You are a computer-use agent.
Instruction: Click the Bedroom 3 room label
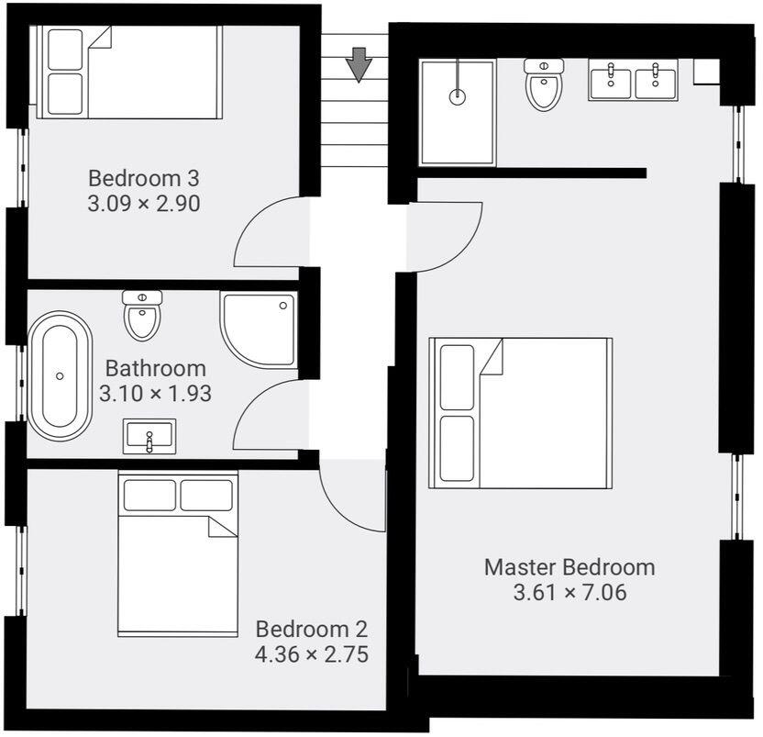pos(143,178)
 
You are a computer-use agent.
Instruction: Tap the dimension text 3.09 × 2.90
pos(143,203)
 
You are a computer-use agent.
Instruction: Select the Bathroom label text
pos(155,369)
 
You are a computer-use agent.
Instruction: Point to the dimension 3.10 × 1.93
pos(155,394)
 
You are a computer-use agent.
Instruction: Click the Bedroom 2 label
pos(311,630)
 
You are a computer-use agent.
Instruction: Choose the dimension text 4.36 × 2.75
pos(311,654)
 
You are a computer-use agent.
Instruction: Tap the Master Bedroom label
pos(569,567)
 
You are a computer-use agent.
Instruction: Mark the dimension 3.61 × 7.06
pos(569,593)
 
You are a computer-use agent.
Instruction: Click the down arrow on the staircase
pos(359,64)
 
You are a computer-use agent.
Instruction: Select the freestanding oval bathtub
pos(61,376)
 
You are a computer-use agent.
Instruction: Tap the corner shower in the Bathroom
pos(260,329)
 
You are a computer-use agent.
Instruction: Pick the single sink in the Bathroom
pos(149,436)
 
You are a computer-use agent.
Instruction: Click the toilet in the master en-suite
pos(543,84)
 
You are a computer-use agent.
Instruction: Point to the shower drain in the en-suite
pos(456,95)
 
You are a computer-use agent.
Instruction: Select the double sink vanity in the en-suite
pos(633,81)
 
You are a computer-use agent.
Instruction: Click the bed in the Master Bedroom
pos(520,413)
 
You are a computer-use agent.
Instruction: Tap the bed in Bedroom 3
pos(127,72)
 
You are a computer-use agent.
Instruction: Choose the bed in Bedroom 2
pos(178,553)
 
